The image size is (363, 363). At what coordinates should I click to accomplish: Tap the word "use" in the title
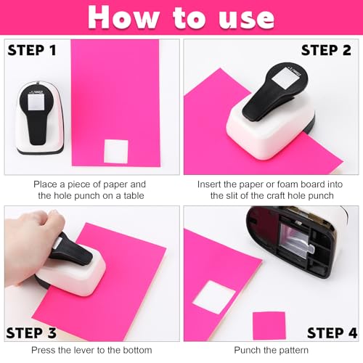246,20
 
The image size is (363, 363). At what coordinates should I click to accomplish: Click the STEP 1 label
32,50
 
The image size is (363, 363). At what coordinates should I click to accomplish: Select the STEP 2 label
326,50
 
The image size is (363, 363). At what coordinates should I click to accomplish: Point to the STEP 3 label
31,333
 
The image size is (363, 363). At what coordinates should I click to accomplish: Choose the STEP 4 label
332,333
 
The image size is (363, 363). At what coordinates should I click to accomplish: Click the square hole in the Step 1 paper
116,152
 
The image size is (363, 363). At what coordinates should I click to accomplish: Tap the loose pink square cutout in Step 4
269,326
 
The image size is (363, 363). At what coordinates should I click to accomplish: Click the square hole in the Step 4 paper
214,297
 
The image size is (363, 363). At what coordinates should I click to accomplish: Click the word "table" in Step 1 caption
134,196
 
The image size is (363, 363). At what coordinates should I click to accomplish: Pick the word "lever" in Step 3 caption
84,350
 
